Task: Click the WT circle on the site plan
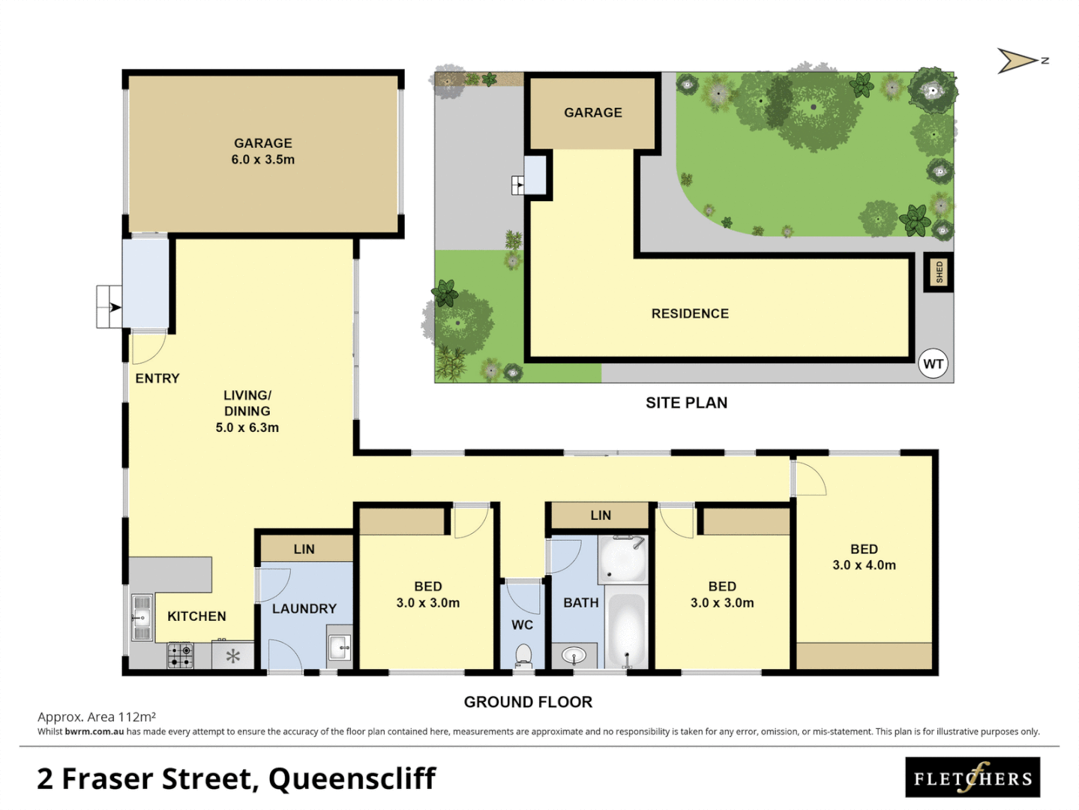933,364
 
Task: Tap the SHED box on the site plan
938,272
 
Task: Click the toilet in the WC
523,655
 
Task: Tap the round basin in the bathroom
574,656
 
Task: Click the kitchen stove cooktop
180,655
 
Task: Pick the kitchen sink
141,618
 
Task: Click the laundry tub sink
340,646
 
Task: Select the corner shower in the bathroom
622,559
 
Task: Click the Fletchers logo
973,778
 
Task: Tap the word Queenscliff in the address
352,779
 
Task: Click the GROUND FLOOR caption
528,702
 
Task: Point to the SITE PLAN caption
686,403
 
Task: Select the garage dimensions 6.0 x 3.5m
262,160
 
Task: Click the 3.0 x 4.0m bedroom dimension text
864,565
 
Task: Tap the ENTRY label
157,379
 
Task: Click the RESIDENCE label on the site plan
690,313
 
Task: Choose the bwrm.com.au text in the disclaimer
94,732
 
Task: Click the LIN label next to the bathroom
601,515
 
